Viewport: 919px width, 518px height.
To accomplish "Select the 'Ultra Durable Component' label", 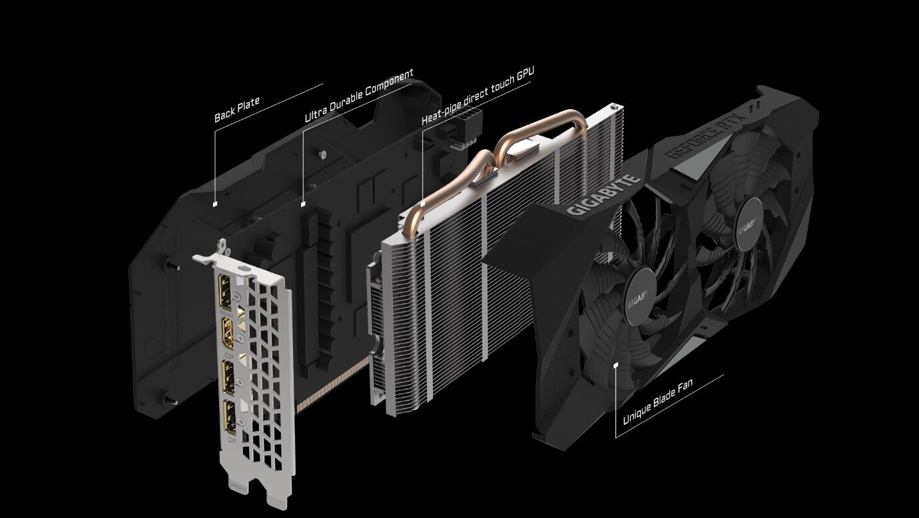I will coord(359,95).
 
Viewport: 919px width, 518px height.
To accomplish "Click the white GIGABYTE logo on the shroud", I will coord(603,196).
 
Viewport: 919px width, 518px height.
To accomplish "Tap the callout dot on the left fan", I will coord(616,364).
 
